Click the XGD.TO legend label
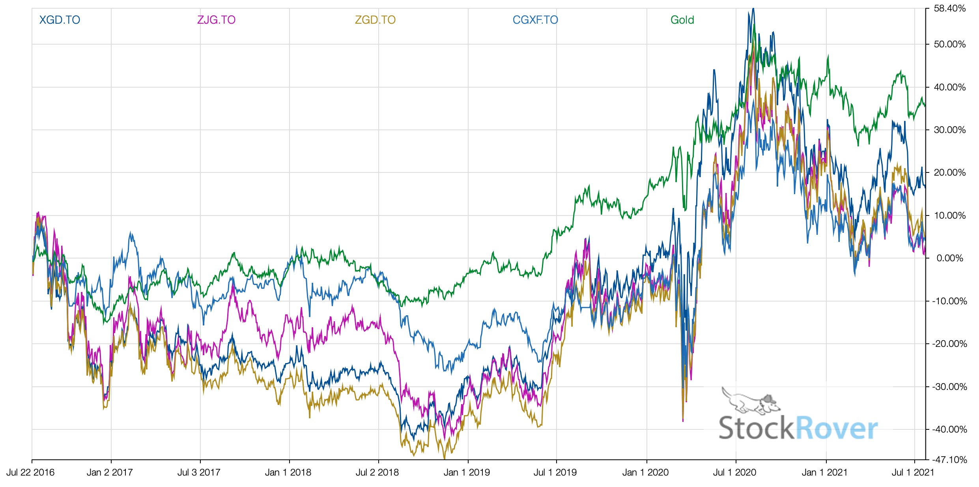[60, 20]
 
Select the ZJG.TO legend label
[216, 20]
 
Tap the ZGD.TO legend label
[375, 20]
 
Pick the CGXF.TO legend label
[535, 20]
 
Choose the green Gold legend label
[682, 20]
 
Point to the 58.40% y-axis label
[949, 9]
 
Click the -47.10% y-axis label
[949, 460]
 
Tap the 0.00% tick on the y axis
[949, 258]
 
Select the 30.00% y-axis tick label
[949, 130]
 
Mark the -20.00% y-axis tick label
[949, 344]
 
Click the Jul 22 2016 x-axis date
[30, 472]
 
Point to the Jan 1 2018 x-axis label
[288, 472]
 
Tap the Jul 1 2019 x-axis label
[555, 472]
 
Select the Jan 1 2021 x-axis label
[824, 472]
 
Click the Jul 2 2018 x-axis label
[377, 472]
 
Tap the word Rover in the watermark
[837, 428]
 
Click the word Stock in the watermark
[756, 428]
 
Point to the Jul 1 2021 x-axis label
[913, 472]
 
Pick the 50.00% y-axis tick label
[949, 44]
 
